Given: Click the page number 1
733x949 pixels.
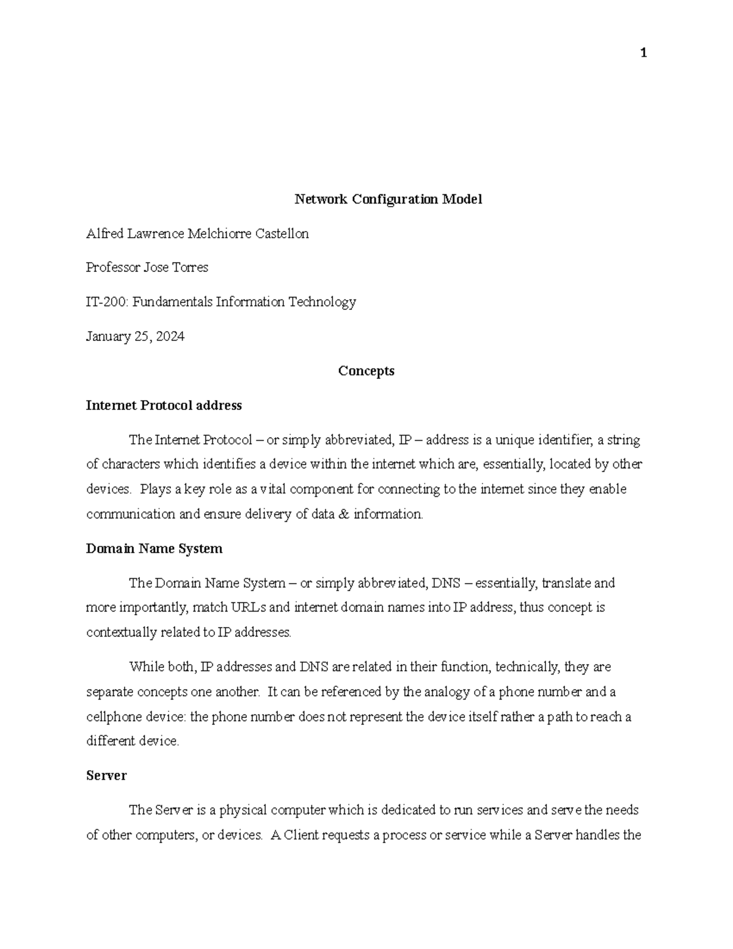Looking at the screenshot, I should point(643,54).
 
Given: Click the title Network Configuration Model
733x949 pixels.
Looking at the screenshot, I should point(388,199).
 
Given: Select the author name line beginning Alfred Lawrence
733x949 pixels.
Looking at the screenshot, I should point(197,233).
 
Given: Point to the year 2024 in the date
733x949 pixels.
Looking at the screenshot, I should point(170,336).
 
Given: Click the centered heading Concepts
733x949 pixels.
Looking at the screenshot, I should point(366,371).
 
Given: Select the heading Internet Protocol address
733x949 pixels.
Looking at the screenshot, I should point(164,405).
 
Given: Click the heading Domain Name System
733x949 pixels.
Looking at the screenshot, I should point(154,549).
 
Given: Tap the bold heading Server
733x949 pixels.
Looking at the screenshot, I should point(106,775).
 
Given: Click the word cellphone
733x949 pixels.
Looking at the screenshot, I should point(113,717).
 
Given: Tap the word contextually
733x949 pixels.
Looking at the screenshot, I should point(121,633).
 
